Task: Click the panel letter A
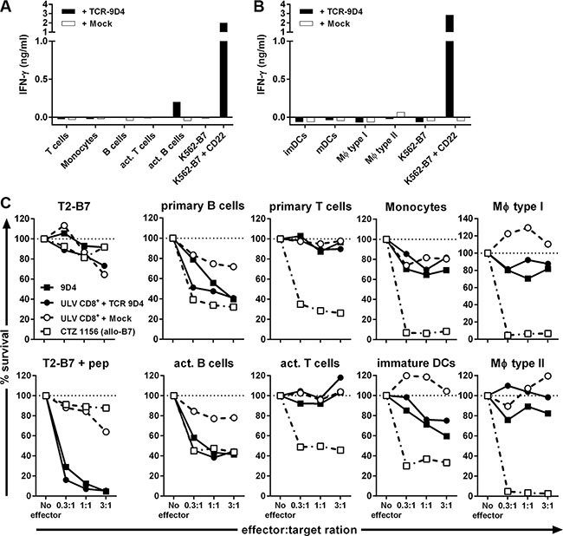8,7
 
